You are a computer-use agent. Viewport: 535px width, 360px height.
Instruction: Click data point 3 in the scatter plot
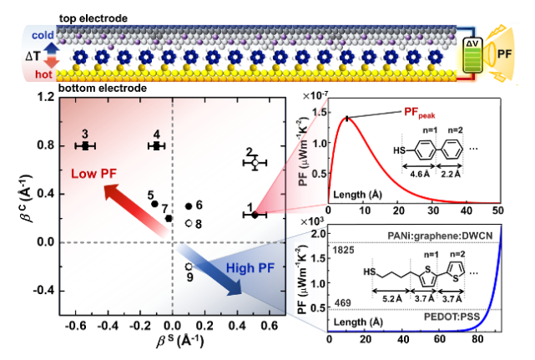tap(84, 145)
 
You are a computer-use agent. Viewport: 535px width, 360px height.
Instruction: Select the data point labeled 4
tap(156, 145)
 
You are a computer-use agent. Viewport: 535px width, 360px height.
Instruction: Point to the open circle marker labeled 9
tap(189, 266)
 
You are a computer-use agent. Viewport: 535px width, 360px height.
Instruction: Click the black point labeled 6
tap(189, 205)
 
